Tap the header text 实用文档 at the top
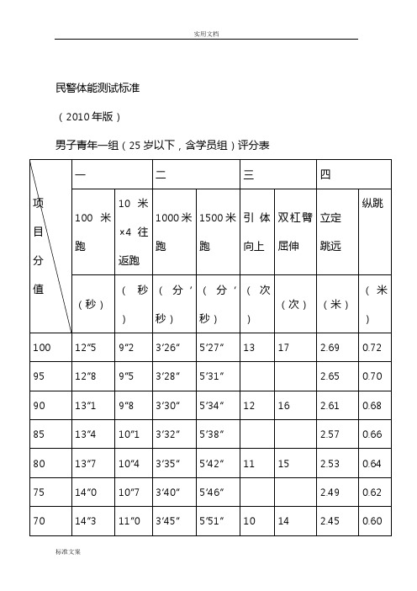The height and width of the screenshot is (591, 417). point(206,33)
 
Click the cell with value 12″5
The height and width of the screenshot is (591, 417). point(85,346)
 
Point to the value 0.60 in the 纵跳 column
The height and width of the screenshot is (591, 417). point(371,521)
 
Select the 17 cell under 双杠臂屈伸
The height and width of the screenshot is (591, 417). point(282,346)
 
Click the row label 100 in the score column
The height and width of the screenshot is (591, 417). point(42,346)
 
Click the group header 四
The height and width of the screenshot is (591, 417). point(325,173)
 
